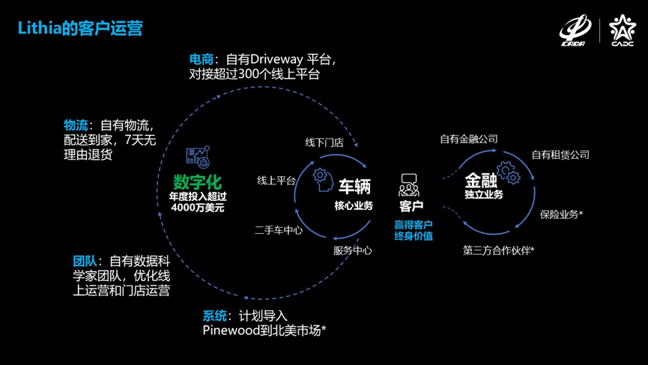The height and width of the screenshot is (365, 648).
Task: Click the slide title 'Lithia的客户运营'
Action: [x=80, y=28]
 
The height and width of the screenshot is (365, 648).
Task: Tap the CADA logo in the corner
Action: [x=574, y=31]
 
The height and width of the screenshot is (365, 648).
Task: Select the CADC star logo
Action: [x=622, y=31]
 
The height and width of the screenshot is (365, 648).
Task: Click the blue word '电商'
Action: [x=202, y=58]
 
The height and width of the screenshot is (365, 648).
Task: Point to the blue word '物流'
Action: [x=76, y=125]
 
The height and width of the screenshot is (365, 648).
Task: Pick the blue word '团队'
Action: [x=85, y=261]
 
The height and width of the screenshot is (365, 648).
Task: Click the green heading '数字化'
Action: [x=197, y=181]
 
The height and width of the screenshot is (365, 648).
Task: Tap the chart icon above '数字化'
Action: [x=198, y=157]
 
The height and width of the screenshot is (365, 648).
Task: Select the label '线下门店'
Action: [x=324, y=142]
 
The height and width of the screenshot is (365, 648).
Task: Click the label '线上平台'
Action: [x=276, y=180]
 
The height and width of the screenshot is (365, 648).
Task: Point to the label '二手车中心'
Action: [x=279, y=230]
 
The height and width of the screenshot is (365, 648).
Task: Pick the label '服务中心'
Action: [x=353, y=250]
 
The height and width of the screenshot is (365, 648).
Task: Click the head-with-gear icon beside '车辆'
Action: [x=322, y=178]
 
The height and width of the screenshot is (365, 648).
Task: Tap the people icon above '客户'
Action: [x=410, y=184]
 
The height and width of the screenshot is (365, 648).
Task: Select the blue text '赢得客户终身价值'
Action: [x=414, y=230]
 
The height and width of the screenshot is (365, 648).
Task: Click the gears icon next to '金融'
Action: [x=509, y=173]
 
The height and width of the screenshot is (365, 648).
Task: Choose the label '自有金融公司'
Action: [x=469, y=139]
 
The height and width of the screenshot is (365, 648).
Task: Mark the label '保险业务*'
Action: [x=562, y=214]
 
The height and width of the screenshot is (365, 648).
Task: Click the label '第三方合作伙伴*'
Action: [x=499, y=250]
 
